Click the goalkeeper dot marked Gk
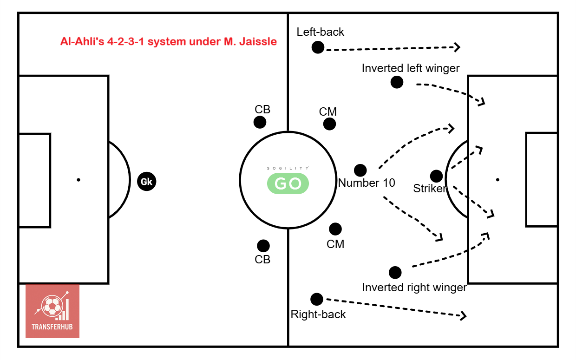147,182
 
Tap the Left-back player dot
318,47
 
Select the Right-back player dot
317,299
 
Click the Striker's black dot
436,176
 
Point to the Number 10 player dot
360,170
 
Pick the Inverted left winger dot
397,82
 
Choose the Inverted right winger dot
395,273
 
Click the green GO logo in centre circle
288,183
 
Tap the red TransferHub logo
52,311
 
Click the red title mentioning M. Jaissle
169,41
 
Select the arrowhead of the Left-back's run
458,47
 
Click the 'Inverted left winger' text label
411,68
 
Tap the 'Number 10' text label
367,183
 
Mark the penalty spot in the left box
79,180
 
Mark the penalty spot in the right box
498,180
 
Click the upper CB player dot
260,122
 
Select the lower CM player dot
335,229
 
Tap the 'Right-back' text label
318,314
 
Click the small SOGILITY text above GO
288,168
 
